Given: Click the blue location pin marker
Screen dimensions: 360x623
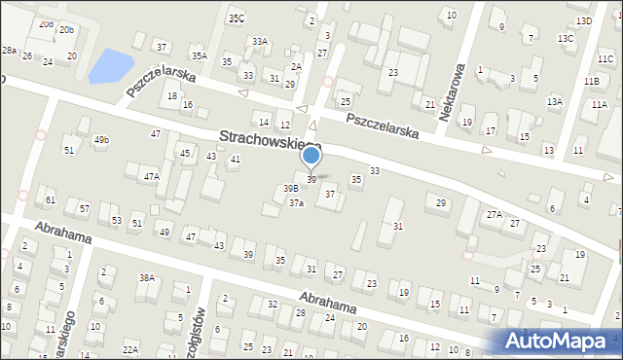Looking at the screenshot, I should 311,157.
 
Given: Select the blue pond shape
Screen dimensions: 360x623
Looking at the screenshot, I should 110,66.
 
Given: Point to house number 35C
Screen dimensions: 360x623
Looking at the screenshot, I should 237,18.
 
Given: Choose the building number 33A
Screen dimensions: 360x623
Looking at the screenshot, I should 259,42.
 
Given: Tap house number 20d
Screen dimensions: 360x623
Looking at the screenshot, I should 46,23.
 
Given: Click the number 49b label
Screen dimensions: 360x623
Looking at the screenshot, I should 101,140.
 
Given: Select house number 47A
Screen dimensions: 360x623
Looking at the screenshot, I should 151,177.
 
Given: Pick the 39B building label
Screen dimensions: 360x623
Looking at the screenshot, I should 290,188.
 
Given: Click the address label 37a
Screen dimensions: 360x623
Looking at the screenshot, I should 296,203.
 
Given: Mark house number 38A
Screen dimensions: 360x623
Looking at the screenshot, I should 147,277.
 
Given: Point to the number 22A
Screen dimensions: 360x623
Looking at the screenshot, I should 129,349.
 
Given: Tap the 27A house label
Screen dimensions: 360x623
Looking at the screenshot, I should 494,214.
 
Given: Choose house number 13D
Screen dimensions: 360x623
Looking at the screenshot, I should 584,20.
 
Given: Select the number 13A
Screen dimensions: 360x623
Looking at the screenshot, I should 554,101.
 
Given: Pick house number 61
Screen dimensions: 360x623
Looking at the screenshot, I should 51,199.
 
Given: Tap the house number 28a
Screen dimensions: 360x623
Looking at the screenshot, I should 9,50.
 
